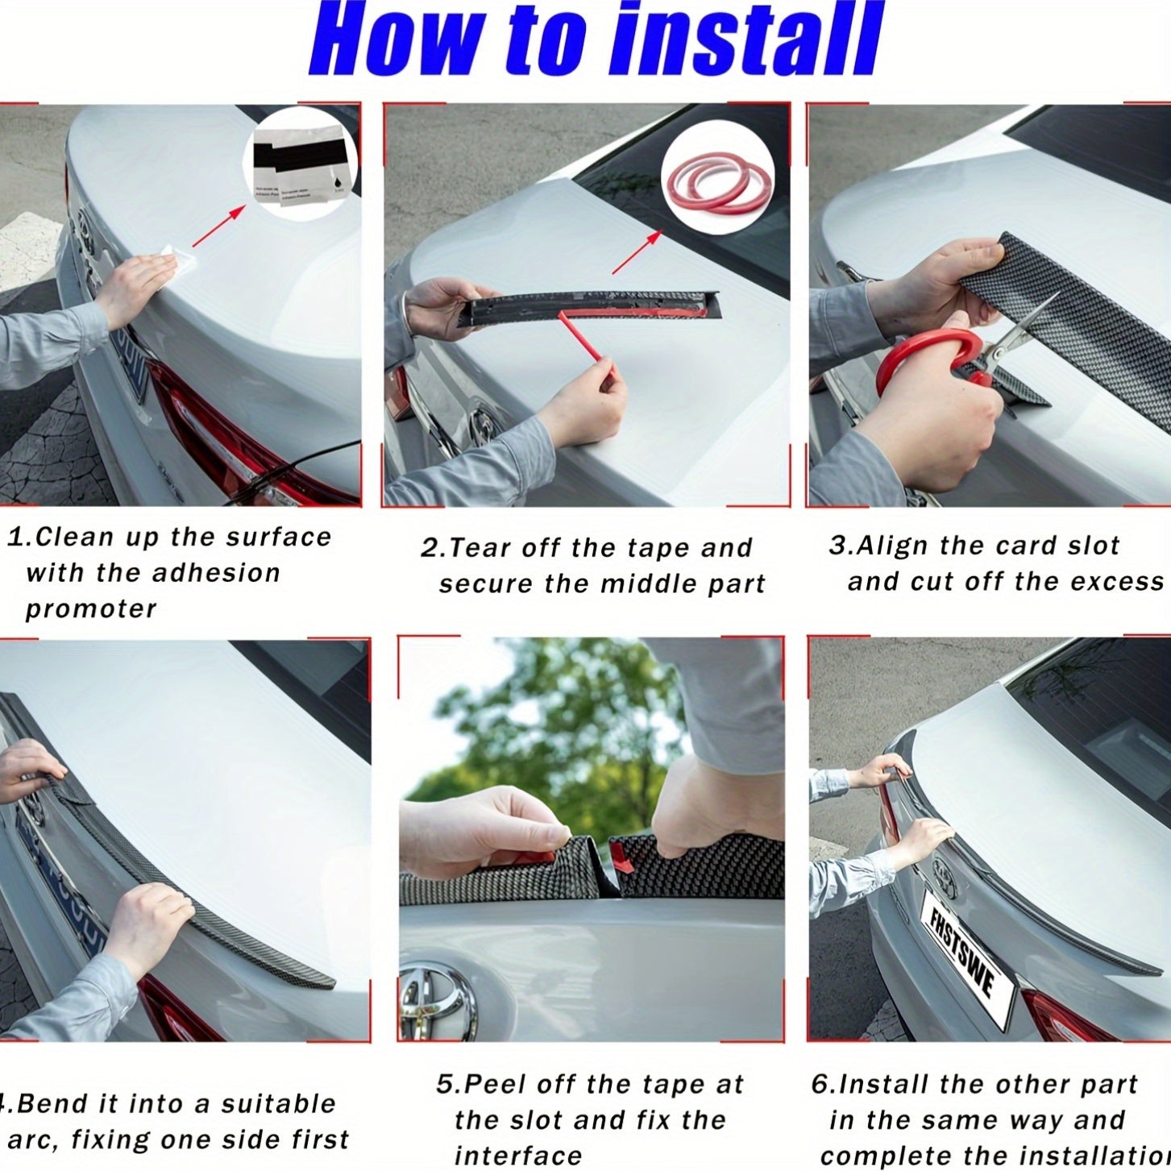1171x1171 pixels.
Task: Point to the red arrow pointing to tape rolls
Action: point(637,251)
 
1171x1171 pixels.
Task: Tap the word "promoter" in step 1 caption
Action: point(91,609)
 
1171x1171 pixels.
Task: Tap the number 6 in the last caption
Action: point(820,1085)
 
